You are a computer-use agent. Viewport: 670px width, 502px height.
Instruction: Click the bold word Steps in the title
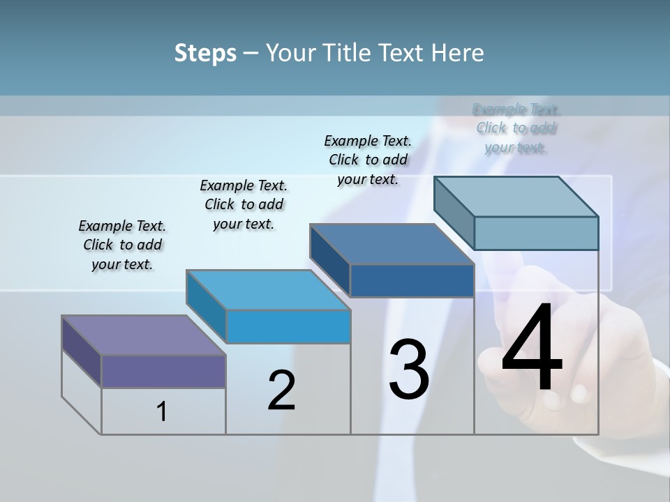click(x=205, y=53)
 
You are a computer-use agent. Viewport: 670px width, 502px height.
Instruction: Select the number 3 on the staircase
click(x=409, y=369)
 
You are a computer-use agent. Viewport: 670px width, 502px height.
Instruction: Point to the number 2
click(x=281, y=390)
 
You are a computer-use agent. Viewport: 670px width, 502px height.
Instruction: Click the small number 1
click(x=162, y=411)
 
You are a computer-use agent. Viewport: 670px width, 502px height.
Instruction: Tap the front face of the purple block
click(x=163, y=371)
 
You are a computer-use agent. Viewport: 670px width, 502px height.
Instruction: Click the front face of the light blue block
click(x=288, y=326)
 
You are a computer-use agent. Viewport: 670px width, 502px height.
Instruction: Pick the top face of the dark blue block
click(x=392, y=244)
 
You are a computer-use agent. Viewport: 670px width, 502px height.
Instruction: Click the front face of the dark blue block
click(x=412, y=280)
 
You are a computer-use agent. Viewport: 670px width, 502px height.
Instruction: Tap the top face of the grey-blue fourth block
click(x=516, y=196)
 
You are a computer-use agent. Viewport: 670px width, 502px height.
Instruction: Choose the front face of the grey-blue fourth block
click(x=536, y=233)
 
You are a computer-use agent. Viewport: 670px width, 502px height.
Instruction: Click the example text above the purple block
click(x=122, y=245)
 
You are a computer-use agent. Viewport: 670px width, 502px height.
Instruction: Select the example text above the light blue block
click(x=244, y=204)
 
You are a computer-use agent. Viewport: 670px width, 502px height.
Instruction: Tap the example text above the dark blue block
click(x=368, y=160)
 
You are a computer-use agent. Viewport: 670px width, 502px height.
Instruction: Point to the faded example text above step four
click(x=516, y=128)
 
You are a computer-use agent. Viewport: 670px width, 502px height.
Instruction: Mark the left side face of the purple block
click(x=81, y=351)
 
